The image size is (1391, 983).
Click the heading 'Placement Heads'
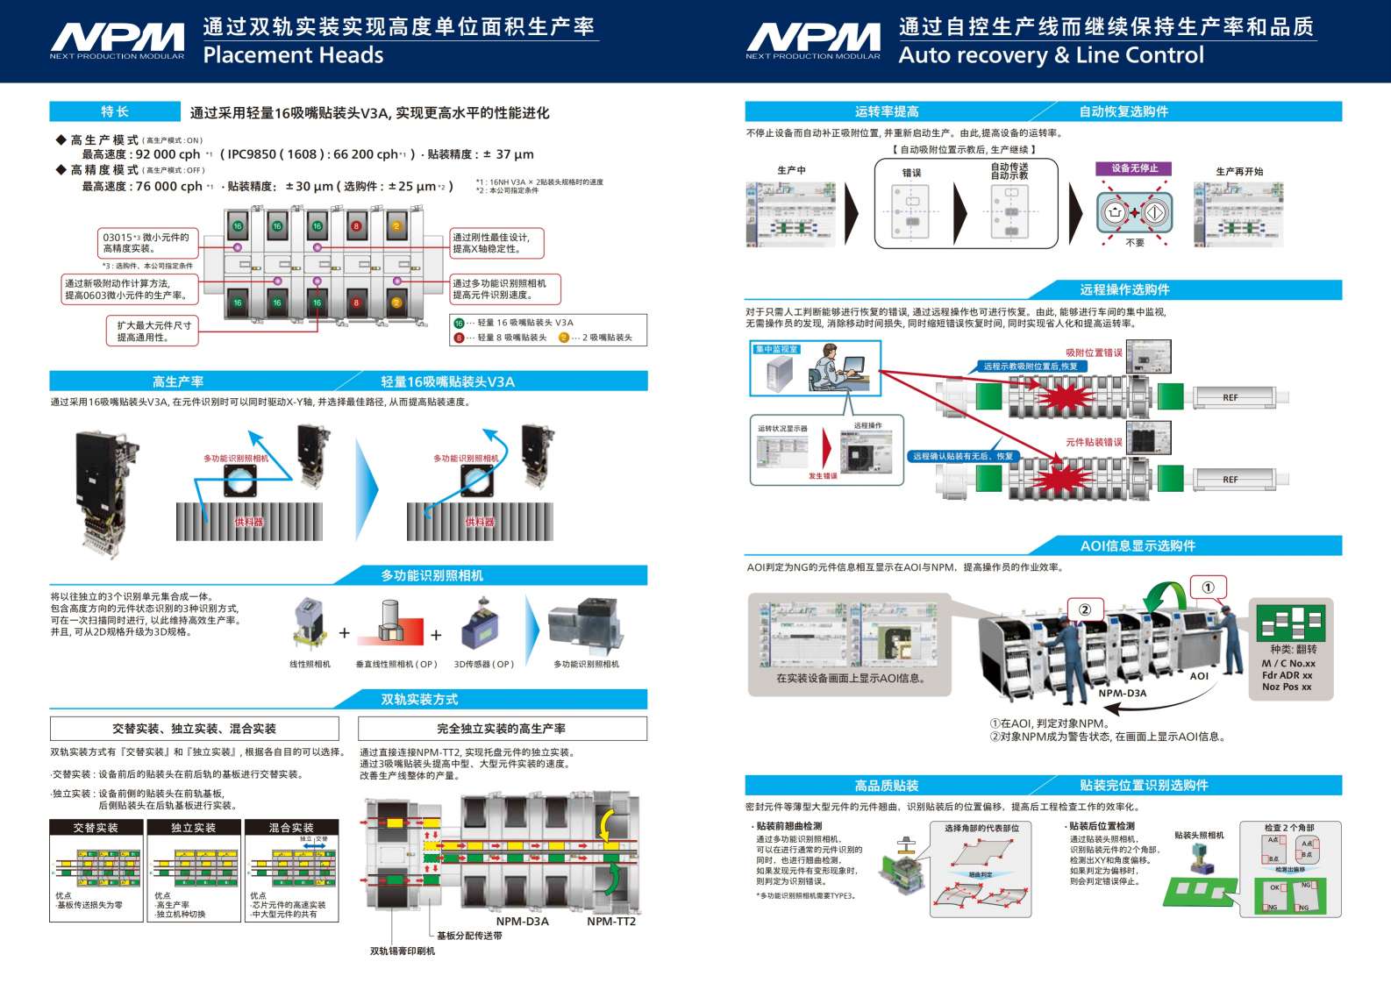pyautogui.click(x=293, y=55)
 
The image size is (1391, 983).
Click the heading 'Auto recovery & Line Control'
pyautogui.click(x=1051, y=55)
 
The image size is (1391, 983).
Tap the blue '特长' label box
pyautogui.click(x=114, y=111)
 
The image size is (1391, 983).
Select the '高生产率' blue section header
pyautogui.click(x=178, y=381)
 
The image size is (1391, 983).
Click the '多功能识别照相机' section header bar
pyautogui.click(x=432, y=575)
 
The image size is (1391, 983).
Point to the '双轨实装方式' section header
pyautogui.click(x=419, y=699)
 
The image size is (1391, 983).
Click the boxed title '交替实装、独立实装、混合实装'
pyautogui.click(x=194, y=729)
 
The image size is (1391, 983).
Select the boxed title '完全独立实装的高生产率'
pyautogui.click(x=502, y=729)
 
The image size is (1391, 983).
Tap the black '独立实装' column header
pyautogui.click(x=193, y=828)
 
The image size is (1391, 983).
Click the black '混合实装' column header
pyautogui.click(x=291, y=828)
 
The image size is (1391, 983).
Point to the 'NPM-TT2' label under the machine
pyautogui.click(x=611, y=922)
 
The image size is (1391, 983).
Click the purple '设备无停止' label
pyautogui.click(x=1134, y=168)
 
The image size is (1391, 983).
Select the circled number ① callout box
pyautogui.click(x=1208, y=588)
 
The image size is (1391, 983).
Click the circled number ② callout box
pyautogui.click(x=1085, y=610)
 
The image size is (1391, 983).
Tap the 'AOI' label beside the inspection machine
pyautogui.click(x=1199, y=676)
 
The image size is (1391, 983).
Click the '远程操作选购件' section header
pyautogui.click(x=1124, y=289)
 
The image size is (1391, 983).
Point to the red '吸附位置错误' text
pyautogui.click(x=1094, y=353)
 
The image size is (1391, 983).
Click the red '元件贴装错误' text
pyautogui.click(x=1094, y=442)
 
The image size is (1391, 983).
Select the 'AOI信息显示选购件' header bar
pyautogui.click(x=1138, y=545)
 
